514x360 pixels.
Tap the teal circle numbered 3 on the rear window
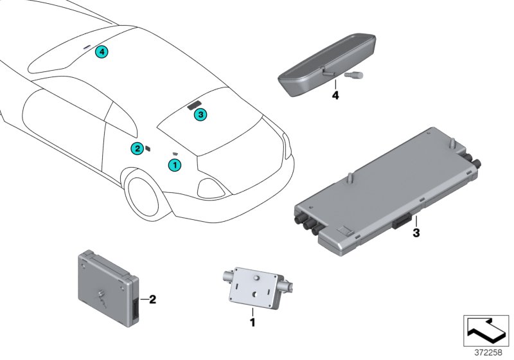coord(200,114)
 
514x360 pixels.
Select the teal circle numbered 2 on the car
coord(137,148)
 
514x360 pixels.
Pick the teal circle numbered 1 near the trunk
coord(175,165)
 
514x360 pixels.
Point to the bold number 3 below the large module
coord(416,233)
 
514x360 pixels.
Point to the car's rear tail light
coord(212,187)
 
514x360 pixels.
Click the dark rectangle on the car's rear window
coord(195,105)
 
